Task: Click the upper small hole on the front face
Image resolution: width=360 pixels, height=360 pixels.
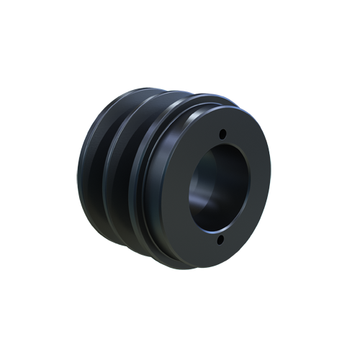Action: pyautogui.click(x=222, y=134)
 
